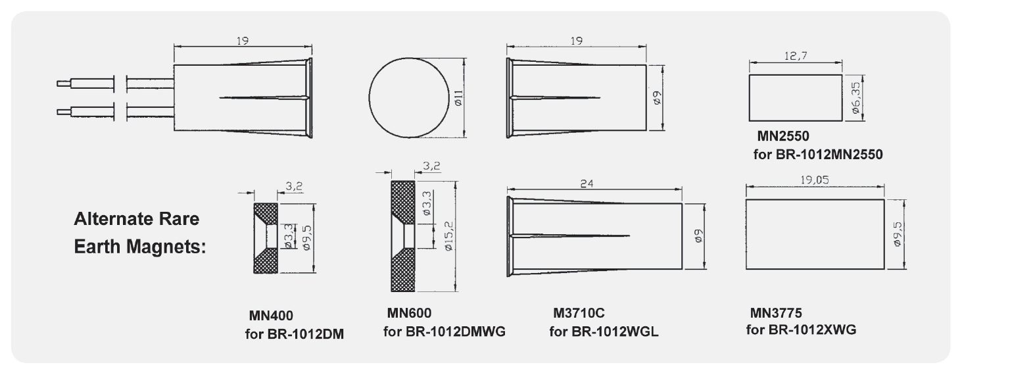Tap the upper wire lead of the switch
[x=86, y=84]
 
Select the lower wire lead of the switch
[x=86, y=111]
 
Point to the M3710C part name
[x=579, y=312]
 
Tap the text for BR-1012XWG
[x=801, y=329]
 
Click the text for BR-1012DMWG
[x=445, y=331]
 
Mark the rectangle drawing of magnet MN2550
[x=796, y=98]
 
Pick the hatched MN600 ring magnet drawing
[x=402, y=236]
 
